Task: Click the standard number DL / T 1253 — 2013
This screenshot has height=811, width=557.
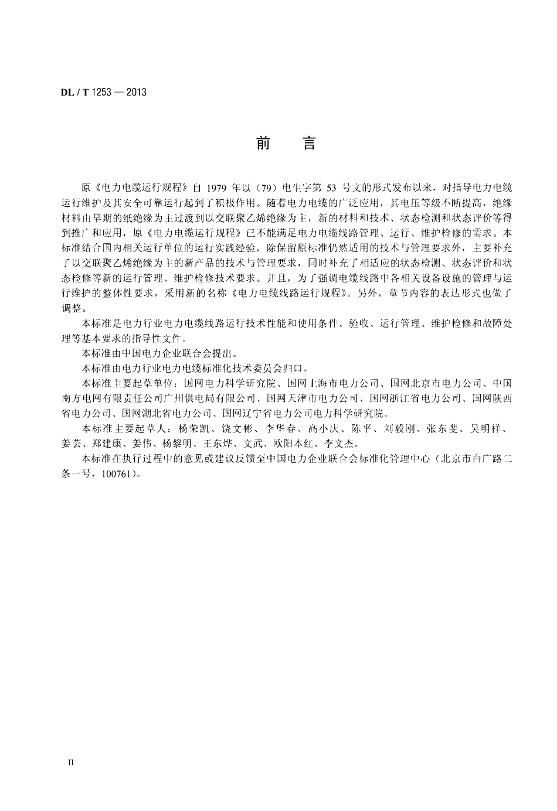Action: coord(103,92)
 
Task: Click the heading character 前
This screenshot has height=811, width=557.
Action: coord(263,144)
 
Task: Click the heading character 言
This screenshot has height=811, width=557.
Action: coord(309,144)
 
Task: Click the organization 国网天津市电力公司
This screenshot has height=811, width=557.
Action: coord(308,398)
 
